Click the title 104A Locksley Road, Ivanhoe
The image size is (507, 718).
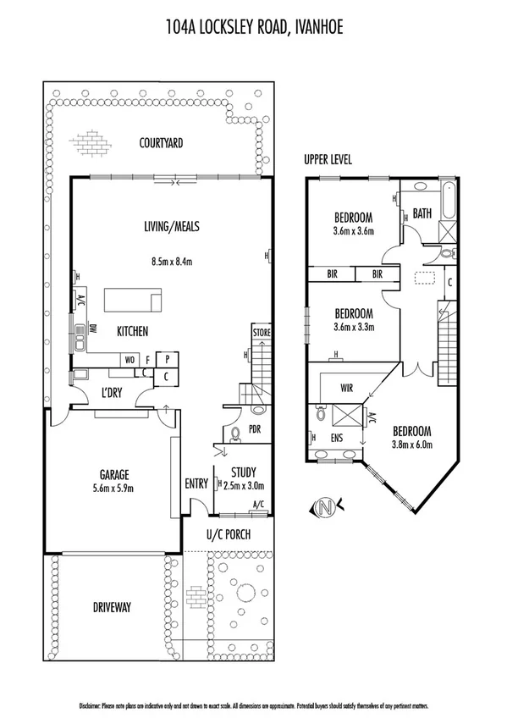click(253, 29)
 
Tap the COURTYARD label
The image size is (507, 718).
click(162, 143)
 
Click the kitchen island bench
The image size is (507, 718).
click(133, 300)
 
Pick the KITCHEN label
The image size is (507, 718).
click(133, 330)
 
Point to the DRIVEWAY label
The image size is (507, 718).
click(111, 607)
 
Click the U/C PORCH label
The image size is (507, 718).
click(229, 535)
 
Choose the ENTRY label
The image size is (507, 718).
click(196, 483)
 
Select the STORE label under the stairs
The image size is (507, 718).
click(262, 334)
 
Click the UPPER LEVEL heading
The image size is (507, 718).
click(328, 159)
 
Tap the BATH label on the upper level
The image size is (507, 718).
click(423, 214)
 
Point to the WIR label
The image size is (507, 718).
click(347, 389)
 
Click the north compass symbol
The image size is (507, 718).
click(323, 507)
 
